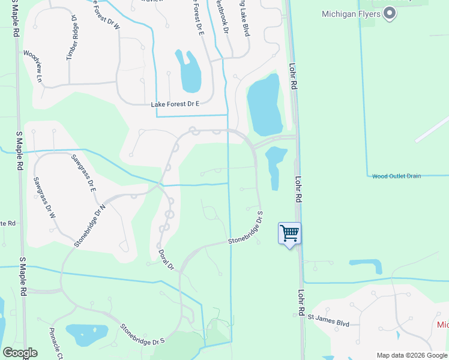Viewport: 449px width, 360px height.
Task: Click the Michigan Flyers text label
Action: click(x=351, y=13)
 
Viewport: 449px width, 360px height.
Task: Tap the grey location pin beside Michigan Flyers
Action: click(x=390, y=13)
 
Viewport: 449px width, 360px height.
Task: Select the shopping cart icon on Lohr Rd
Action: click(x=290, y=233)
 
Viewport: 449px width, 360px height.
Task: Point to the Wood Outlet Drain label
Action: click(x=396, y=176)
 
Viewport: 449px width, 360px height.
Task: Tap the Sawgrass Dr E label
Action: click(x=84, y=173)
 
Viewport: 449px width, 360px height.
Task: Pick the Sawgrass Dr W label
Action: click(x=44, y=197)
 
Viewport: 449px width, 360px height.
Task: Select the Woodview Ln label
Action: click(x=33, y=66)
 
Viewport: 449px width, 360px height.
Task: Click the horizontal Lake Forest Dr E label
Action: click(x=175, y=104)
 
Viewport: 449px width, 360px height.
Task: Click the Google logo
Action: click(x=20, y=353)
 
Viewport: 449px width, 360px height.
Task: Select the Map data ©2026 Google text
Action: click(x=411, y=355)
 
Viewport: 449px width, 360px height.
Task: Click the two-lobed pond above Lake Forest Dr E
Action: click(x=188, y=71)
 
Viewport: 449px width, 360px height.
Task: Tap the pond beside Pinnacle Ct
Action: click(x=87, y=335)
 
